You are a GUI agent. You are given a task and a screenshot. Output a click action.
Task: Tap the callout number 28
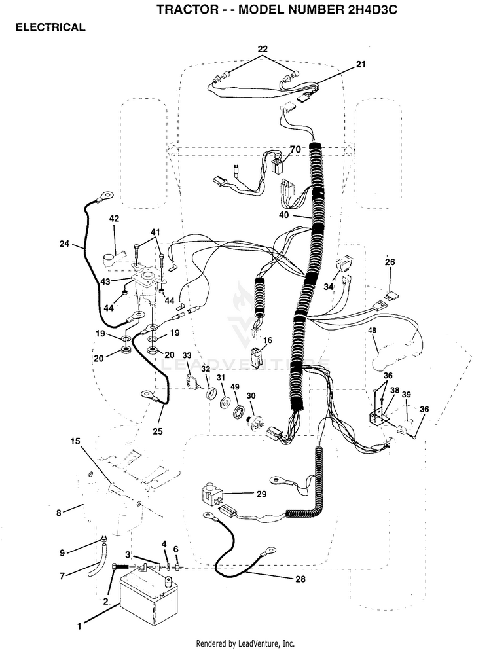300,579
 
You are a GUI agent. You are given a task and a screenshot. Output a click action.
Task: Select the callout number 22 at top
263,49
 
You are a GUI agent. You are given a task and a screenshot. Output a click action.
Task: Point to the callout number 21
361,64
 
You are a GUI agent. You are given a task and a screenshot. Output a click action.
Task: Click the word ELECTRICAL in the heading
50,27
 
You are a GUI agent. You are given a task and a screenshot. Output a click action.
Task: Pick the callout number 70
295,150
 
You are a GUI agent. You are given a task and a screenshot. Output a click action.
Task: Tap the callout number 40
284,215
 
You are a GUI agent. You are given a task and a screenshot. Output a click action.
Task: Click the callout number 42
114,219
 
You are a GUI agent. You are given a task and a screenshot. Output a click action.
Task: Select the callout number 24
64,244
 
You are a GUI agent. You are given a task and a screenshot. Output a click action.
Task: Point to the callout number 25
158,431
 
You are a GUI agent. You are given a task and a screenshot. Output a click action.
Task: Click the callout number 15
75,441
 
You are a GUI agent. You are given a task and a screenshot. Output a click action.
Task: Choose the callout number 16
268,341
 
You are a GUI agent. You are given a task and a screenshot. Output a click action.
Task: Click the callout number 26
390,262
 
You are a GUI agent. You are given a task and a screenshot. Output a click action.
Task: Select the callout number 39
406,395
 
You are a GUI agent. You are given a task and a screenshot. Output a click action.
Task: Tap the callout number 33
187,355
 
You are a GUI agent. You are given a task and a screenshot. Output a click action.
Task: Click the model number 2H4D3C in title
368,9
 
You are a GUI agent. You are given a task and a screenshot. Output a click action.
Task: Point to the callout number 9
62,552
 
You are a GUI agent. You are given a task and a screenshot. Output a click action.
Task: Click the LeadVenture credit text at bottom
245,644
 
